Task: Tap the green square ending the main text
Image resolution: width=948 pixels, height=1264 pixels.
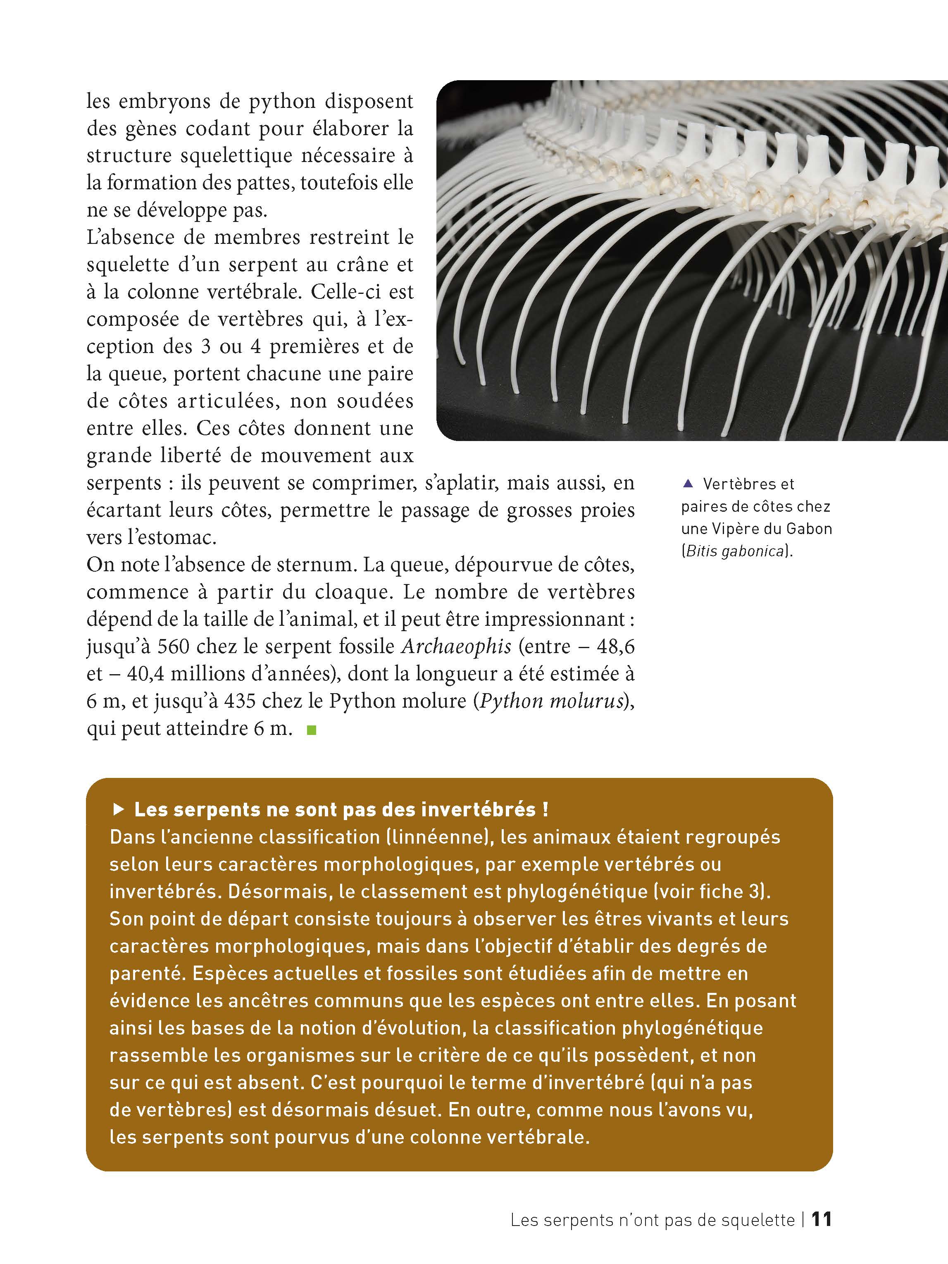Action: click(312, 730)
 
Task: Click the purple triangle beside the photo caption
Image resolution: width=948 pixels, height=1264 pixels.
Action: click(688, 484)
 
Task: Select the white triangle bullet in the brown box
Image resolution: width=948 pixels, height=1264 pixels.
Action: click(119, 809)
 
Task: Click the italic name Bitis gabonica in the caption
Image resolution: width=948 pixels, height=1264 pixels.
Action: click(736, 551)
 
